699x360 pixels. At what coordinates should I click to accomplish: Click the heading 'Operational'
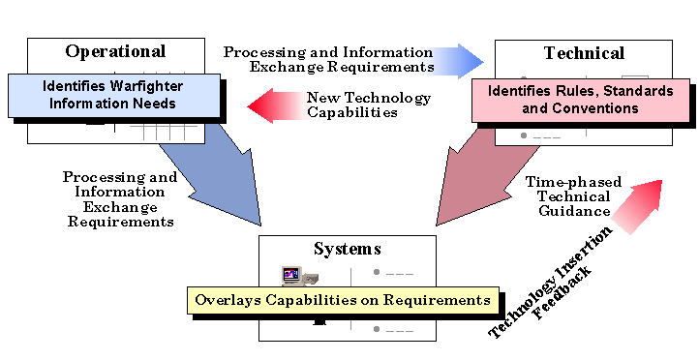point(115,52)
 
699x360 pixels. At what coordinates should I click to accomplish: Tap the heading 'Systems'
point(341,249)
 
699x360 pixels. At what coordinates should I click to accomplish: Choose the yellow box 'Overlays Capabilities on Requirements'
point(343,300)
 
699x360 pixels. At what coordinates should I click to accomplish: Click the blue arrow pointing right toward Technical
point(459,60)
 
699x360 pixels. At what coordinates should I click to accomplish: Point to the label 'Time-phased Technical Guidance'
point(567,196)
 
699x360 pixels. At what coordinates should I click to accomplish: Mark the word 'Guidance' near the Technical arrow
point(578,211)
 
